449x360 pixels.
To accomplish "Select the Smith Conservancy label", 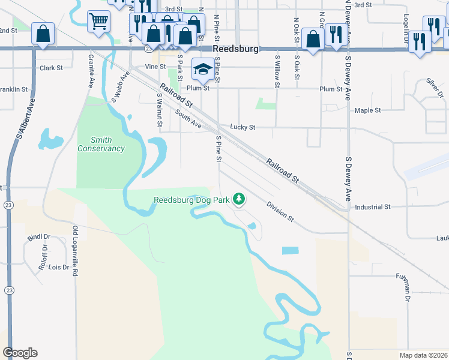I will [x=101, y=144].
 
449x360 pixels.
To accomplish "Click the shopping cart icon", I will [x=98, y=22].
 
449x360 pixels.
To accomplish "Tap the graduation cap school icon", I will [x=203, y=68].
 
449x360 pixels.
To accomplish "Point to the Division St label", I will [x=280, y=211].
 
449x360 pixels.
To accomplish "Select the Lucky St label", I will [x=243, y=127].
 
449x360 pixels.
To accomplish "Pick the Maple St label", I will [x=367, y=110].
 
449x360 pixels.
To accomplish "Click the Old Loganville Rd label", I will [x=76, y=251].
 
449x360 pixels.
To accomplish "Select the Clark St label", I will [x=51, y=68].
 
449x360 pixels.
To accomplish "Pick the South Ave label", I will [x=188, y=118].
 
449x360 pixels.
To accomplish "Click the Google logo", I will [x=20, y=353].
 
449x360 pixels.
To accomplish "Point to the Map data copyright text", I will [x=424, y=355].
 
